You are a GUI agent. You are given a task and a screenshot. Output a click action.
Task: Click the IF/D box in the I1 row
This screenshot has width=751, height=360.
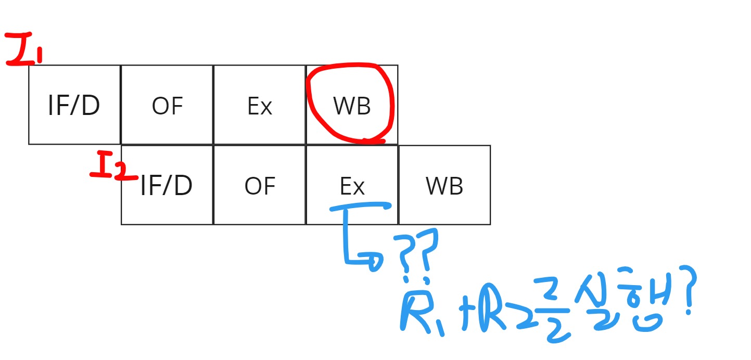(74, 105)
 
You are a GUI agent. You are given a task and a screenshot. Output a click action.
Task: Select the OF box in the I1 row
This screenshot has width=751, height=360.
(167, 105)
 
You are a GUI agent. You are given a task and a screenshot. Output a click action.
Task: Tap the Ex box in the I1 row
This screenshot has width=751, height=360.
(259, 105)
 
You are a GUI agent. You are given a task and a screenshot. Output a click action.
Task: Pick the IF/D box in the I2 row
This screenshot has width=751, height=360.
(167, 185)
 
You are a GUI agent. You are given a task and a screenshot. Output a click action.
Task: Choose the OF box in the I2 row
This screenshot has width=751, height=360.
(260, 185)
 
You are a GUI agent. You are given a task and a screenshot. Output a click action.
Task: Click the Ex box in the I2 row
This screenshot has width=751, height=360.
(352, 185)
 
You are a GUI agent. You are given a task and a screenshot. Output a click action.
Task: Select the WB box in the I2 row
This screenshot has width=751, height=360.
(444, 185)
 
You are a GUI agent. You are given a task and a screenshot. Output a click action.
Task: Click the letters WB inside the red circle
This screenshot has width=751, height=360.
(352, 106)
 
